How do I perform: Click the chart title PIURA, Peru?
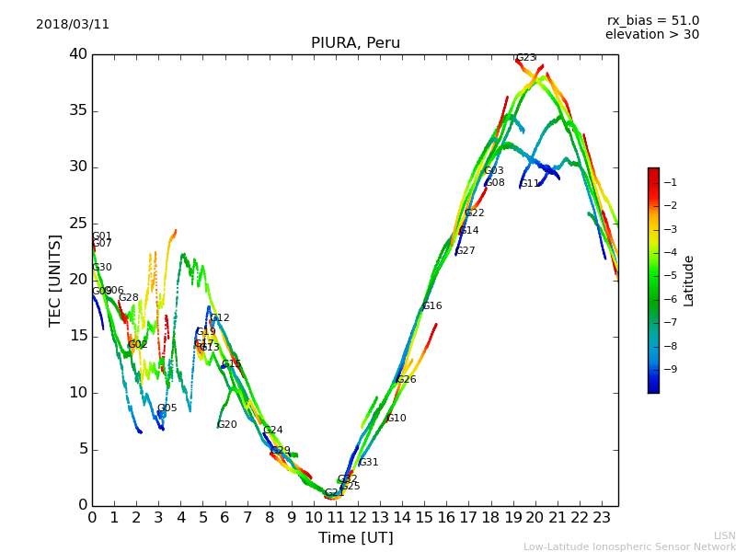[x=355, y=43]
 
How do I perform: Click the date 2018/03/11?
[x=73, y=25]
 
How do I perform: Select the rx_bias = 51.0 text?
[x=652, y=21]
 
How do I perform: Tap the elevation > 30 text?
[x=651, y=35]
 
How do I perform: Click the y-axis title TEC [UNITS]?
[x=55, y=280]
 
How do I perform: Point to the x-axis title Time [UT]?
[x=355, y=538]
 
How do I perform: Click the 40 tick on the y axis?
[x=77, y=54]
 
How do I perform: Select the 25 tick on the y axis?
[x=77, y=224]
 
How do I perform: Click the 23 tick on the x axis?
[x=602, y=518]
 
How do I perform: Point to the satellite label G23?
[x=525, y=58]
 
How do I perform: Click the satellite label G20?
[x=226, y=425]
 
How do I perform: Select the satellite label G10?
[x=396, y=419]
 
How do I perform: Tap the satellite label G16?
[x=431, y=306]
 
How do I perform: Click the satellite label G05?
[x=167, y=408]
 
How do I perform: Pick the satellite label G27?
[x=465, y=251]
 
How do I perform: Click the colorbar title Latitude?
[x=688, y=281]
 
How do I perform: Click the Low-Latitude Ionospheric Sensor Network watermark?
[x=629, y=547]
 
